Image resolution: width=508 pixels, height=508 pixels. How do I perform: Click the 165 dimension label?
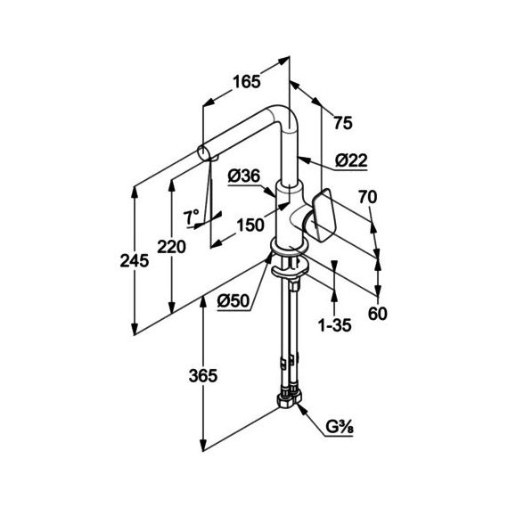[247, 82]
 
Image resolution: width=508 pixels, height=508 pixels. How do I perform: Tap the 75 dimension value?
[343, 123]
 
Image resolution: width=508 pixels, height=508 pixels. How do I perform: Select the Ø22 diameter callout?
[351, 160]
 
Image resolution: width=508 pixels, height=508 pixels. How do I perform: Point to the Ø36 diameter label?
[244, 176]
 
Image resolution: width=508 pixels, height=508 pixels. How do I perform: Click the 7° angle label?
[191, 217]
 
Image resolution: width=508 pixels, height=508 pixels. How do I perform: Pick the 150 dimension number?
[250, 225]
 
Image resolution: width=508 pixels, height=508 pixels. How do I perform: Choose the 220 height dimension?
[171, 247]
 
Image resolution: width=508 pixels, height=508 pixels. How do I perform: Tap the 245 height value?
[135, 260]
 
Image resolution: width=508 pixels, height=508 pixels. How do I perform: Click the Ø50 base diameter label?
[234, 301]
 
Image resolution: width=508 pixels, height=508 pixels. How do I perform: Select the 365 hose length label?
[203, 376]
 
